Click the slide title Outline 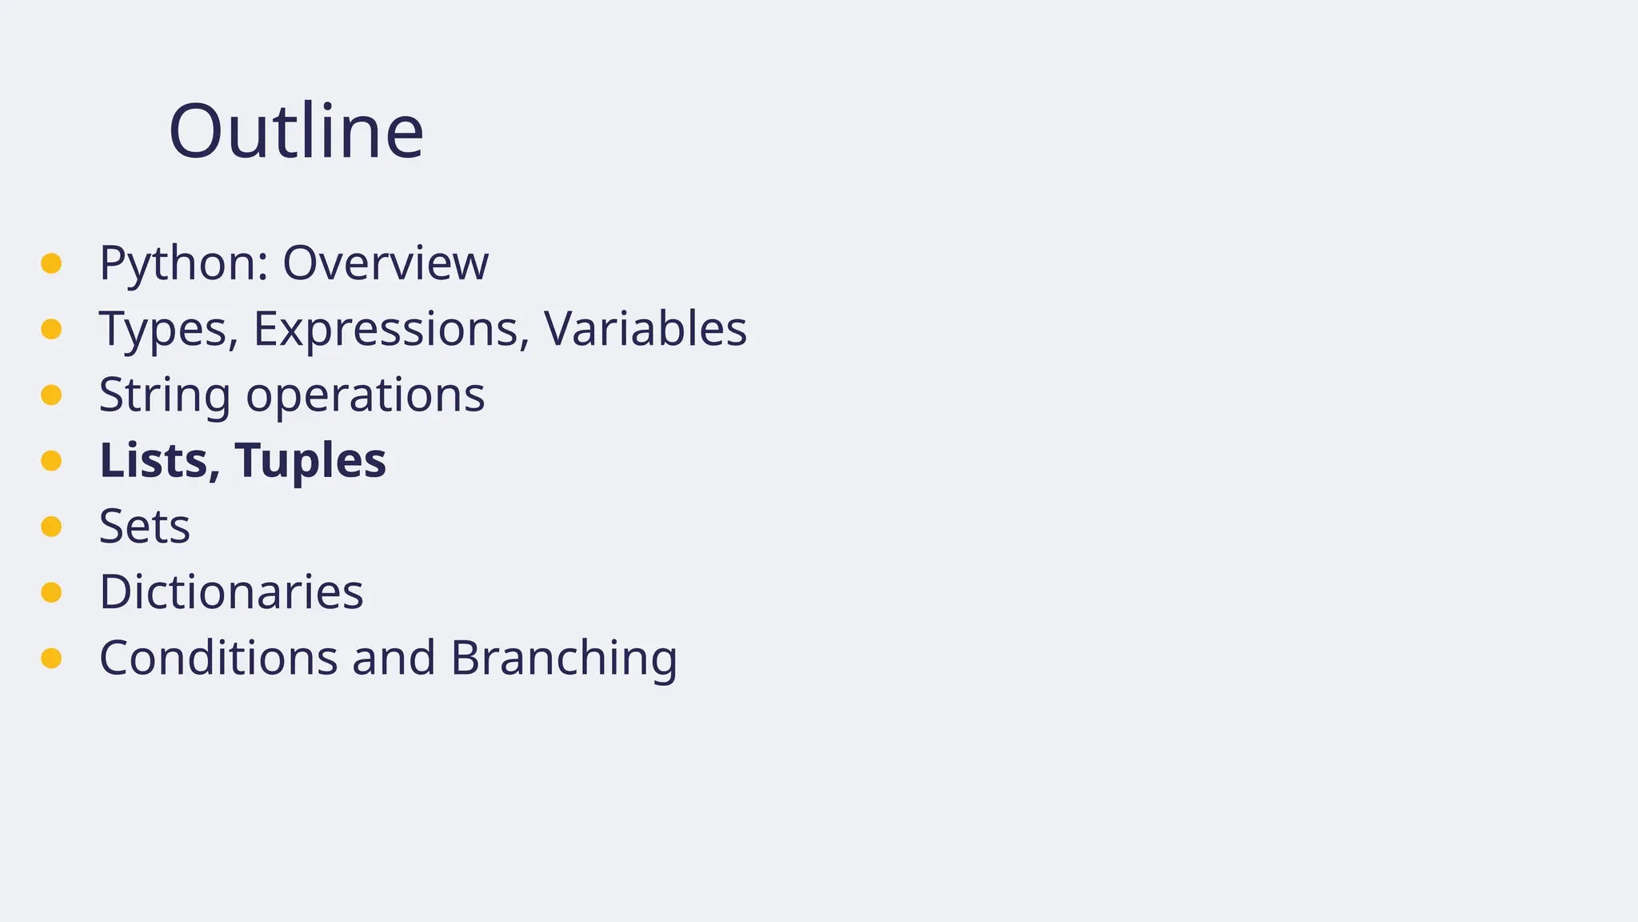[x=296, y=131]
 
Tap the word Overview [x=385, y=263]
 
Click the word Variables [x=645, y=329]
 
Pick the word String [x=165, y=395]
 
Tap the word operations [x=365, y=395]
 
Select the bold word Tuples [x=310, y=462]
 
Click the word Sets [x=145, y=527]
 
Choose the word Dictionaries [x=231, y=592]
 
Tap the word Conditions [x=218, y=658]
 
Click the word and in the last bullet [x=394, y=658]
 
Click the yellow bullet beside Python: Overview [x=51, y=263]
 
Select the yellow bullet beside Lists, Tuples [x=51, y=460]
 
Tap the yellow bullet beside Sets [x=51, y=527]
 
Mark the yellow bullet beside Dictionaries [x=51, y=592]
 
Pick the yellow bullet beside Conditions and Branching [x=51, y=658]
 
